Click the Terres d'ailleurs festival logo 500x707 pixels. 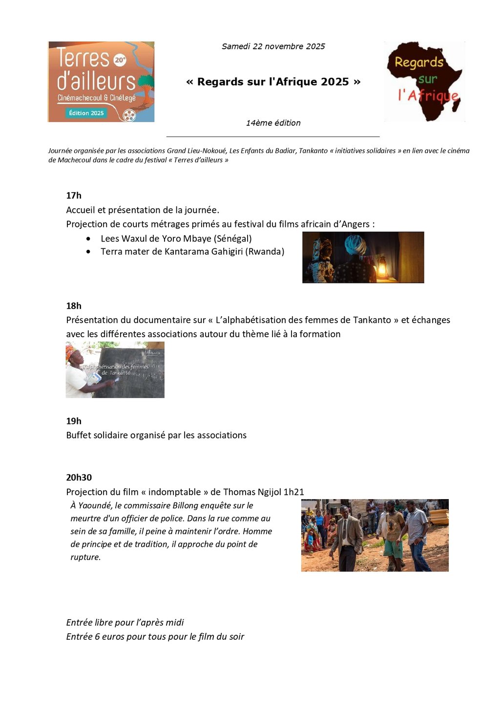101,81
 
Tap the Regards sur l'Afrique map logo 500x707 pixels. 424,81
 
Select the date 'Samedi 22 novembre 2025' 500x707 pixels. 273,46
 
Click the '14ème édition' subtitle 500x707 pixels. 273,123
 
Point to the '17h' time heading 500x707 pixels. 74,195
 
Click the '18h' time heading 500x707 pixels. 74,306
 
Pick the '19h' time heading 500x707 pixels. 74,421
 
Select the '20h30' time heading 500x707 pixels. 79,477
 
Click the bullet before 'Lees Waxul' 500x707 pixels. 88,239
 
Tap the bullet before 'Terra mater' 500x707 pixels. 88,252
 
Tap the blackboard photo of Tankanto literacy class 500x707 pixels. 115,370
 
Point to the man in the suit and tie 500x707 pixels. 347,537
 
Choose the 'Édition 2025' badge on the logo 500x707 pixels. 86,113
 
